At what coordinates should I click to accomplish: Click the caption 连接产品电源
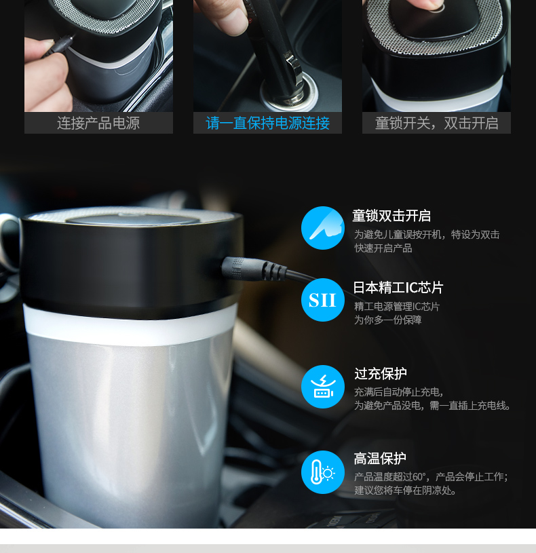click(x=98, y=123)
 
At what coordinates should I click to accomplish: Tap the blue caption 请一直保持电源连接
click(x=267, y=123)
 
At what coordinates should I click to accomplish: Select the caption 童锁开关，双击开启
click(x=436, y=123)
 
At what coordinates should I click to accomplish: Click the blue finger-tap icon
click(x=323, y=228)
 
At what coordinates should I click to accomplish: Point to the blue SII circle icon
click(x=323, y=300)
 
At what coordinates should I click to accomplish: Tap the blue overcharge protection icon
click(x=323, y=387)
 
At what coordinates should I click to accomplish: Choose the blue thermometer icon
click(x=323, y=472)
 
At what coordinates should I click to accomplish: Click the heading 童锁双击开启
click(x=391, y=216)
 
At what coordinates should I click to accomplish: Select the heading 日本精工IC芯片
click(x=398, y=288)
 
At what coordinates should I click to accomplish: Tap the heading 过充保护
click(x=381, y=373)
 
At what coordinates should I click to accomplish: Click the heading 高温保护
click(x=380, y=459)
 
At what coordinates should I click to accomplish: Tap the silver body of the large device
click(x=130, y=430)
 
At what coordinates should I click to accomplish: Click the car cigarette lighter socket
click(x=289, y=92)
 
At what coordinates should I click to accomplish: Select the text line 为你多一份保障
click(x=388, y=320)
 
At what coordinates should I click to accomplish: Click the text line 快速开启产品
click(x=383, y=248)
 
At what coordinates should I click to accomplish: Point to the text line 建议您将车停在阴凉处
click(x=405, y=490)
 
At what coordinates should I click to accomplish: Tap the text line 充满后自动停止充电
click(x=399, y=392)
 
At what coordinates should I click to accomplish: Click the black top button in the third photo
click(x=434, y=20)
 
